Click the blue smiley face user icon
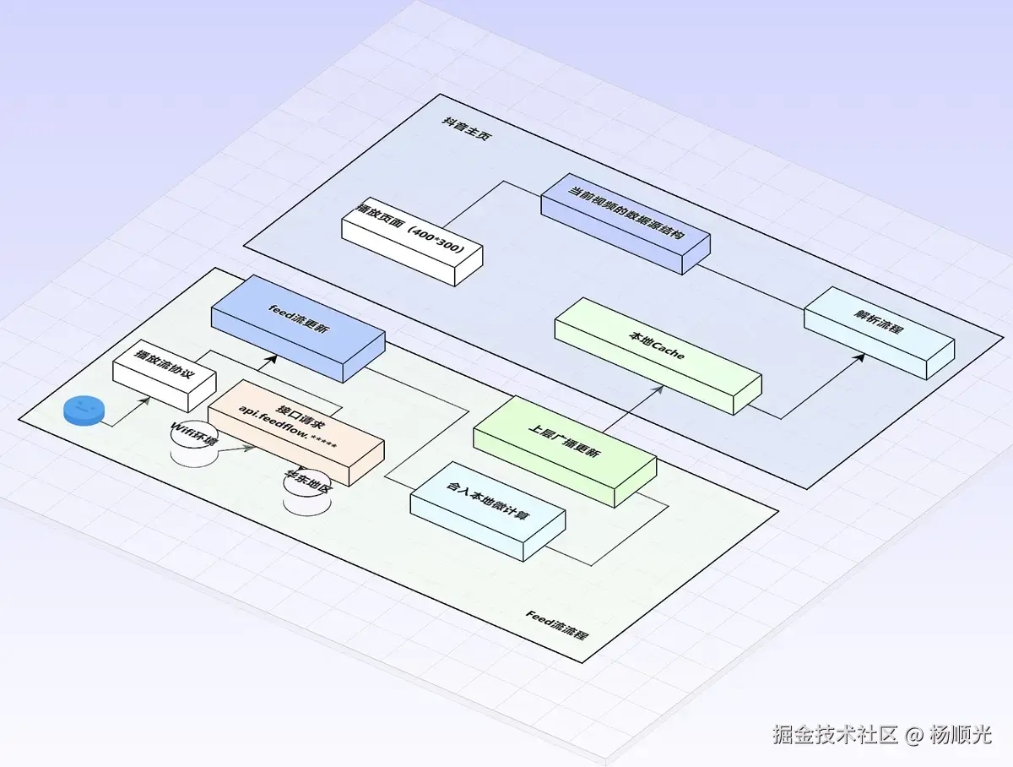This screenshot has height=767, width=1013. [x=84, y=411]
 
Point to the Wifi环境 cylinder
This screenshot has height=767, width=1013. [x=194, y=441]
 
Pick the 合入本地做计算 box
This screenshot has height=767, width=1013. [x=487, y=512]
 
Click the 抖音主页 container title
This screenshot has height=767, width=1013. [x=467, y=127]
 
